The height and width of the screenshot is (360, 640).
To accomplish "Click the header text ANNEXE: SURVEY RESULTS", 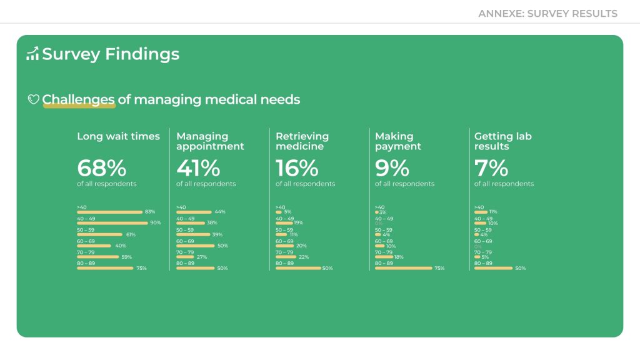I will click(547, 13).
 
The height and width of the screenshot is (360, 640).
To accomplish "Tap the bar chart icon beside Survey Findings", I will click(32, 54).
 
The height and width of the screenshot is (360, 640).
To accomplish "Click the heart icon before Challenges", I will click(34, 99).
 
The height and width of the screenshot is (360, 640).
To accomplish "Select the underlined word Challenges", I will click(78, 99).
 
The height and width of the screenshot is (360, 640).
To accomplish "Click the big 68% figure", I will click(101, 168).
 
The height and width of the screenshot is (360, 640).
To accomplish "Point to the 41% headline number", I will click(198, 168).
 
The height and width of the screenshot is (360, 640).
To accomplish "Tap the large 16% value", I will click(297, 168).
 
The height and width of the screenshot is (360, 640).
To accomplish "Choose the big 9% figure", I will click(392, 168).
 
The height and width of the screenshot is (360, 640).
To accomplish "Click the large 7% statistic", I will click(491, 168).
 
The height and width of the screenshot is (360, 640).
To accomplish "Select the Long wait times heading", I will click(118, 136).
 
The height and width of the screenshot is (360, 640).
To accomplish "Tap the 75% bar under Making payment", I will click(403, 268).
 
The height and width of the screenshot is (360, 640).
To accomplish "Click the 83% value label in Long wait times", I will click(149, 212).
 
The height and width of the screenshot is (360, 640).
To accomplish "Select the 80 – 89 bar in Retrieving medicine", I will click(298, 268).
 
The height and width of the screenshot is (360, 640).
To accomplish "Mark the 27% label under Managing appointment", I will click(202, 257).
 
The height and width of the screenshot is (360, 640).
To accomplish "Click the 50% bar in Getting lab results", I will click(493, 268).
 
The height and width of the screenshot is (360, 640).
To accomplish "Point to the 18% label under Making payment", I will click(399, 257).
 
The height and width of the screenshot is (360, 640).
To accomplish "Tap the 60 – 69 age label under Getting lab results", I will click(483, 241).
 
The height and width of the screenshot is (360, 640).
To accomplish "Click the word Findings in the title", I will click(142, 54).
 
